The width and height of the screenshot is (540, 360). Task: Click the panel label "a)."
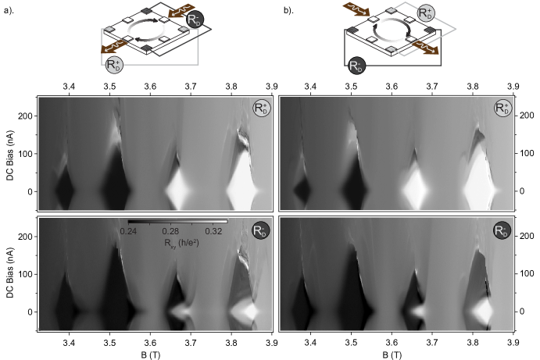[9, 10]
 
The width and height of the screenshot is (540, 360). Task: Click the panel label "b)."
[288, 10]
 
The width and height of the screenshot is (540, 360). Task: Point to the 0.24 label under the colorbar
[128, 231]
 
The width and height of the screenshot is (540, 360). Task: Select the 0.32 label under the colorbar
[213, 231]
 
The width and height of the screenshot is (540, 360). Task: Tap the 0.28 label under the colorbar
[171, 231]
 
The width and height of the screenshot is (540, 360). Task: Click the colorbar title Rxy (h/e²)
[181, 244]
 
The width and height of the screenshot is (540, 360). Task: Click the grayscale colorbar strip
[177, 222]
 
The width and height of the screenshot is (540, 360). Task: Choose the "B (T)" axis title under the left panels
[151, 355]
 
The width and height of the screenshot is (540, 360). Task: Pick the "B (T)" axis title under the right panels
[392, 355]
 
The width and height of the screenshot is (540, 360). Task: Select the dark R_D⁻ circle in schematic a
[195, 20]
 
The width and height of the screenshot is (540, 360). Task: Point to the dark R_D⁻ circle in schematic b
[357, 66]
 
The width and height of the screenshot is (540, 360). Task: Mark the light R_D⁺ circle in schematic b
[426, 13]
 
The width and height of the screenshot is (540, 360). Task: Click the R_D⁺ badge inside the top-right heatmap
[502, 108]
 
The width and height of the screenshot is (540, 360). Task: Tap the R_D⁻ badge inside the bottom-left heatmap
[261, 230]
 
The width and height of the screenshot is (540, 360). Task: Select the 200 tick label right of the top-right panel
[527, 116]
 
